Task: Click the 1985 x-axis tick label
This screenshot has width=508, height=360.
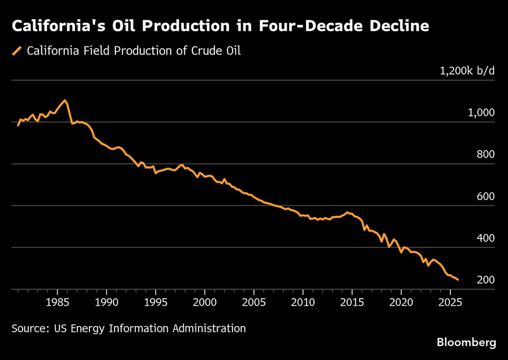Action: pyautogui.click(x=58, y=303)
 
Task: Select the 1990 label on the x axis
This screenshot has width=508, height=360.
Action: pyautogui.click(x=107, y=303)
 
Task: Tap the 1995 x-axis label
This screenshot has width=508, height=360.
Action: pyautogui.click(x=156, y=303)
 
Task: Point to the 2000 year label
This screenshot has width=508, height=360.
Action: pyautogui.click(x=205, y=303)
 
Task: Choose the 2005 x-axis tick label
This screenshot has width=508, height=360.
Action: pyautogui.click(x=254, y=303)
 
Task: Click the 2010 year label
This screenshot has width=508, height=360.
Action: pyautogui.click(x=303, y=303)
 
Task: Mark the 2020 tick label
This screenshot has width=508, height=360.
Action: pyautogui.click(x=401, y=303)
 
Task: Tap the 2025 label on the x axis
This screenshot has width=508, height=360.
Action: pyautogui.click(x=450, y=303)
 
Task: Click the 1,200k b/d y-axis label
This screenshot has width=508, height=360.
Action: pyautogui.click(x=467, y=71)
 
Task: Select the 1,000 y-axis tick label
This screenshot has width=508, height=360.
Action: pyautogui.click(x=481, y=113)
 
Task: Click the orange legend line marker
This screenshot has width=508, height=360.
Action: pyautogui.click(x=17, y=51)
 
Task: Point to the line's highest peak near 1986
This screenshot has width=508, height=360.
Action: pyautogui.click(x=64, y=100)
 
